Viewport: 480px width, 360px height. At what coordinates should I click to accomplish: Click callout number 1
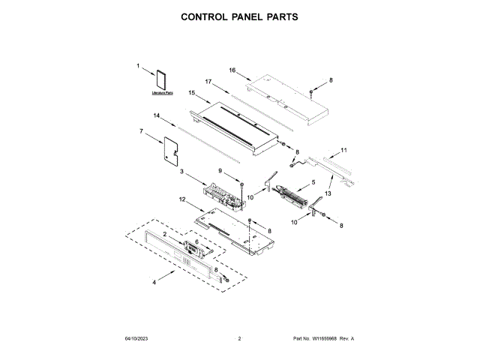(139, 66)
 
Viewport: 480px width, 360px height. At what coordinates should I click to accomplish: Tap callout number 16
(232, 70)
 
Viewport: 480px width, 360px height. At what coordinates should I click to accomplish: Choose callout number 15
(192, 93)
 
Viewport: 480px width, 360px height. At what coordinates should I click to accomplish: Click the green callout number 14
(157, 115)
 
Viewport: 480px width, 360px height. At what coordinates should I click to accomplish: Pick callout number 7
(141, 131)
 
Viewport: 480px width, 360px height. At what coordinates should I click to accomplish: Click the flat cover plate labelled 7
(172, 148)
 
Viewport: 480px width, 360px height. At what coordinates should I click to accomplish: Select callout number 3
(181, 172)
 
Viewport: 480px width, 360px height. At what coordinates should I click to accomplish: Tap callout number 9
(221, 172)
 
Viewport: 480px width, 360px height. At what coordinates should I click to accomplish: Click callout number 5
(313, 182)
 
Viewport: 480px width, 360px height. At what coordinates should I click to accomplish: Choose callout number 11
(344, 151)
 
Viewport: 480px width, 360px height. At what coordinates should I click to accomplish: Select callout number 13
(328, 193)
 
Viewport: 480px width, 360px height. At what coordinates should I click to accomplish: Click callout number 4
(155, 282)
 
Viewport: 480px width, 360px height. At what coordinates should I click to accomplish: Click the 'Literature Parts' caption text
(162, 94)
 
